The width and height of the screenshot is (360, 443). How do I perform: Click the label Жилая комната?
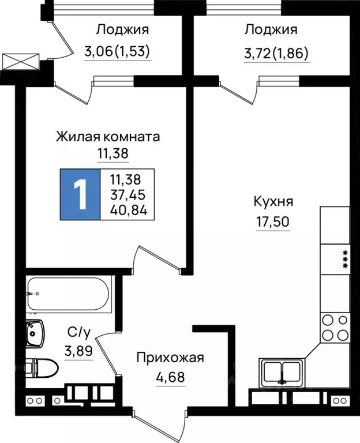click(107, 137)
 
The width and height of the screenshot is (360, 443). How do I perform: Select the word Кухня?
click(273, 202)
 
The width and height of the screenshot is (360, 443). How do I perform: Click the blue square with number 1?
click(81, 194)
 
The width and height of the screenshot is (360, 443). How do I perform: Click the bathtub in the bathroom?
click(68, 294)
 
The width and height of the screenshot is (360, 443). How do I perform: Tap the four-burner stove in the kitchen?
click(335, 327)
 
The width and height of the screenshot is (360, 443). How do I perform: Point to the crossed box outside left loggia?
click(20, 61)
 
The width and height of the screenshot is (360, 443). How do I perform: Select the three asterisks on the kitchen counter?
click(345, 259)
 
